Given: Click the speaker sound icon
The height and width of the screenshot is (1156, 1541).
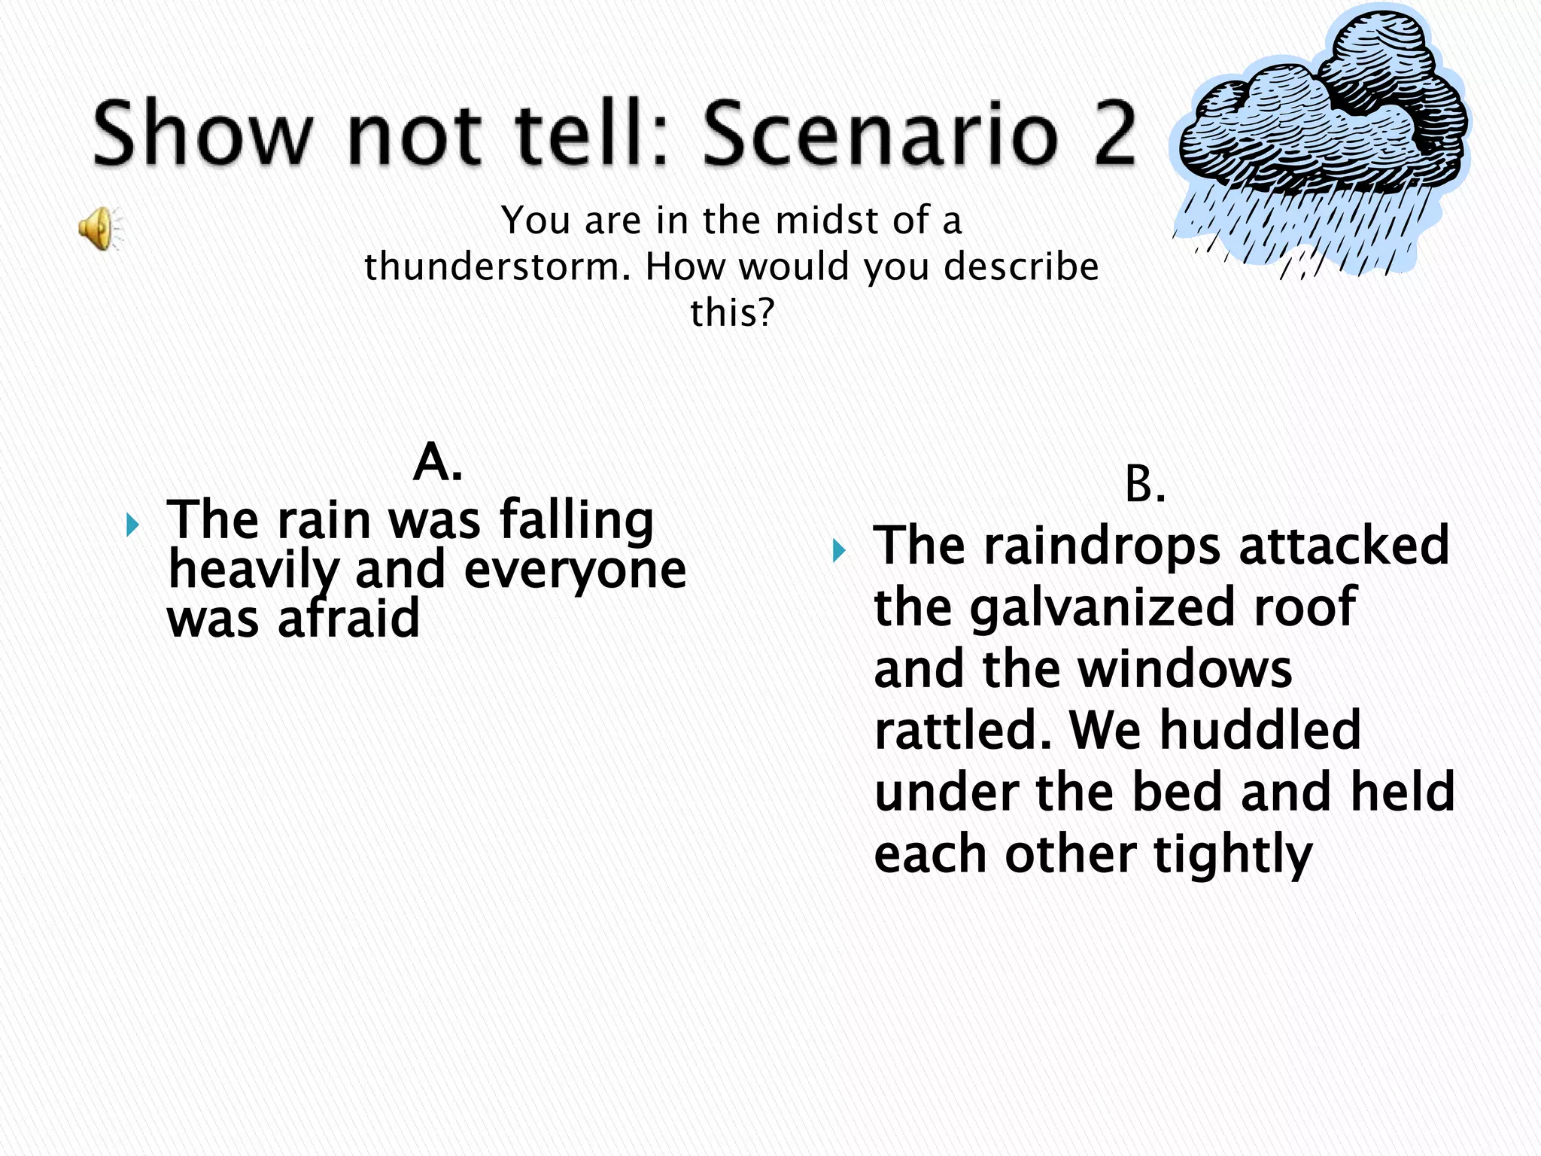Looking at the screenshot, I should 98,228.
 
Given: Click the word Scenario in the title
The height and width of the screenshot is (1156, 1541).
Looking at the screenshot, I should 880,134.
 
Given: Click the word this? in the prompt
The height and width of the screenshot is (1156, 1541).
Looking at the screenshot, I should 732,312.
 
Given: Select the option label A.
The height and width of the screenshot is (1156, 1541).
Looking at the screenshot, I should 437,461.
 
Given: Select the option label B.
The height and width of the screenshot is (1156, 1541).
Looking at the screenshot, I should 1144,485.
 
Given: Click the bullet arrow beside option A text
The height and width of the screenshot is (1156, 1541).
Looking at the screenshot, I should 132,525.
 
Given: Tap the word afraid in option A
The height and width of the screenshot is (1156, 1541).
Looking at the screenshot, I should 348,619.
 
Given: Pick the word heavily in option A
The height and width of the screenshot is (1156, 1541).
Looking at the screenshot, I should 254,570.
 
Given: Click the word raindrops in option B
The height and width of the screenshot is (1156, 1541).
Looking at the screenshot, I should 1102,546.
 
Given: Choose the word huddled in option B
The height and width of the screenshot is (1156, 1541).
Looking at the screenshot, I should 1260,730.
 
